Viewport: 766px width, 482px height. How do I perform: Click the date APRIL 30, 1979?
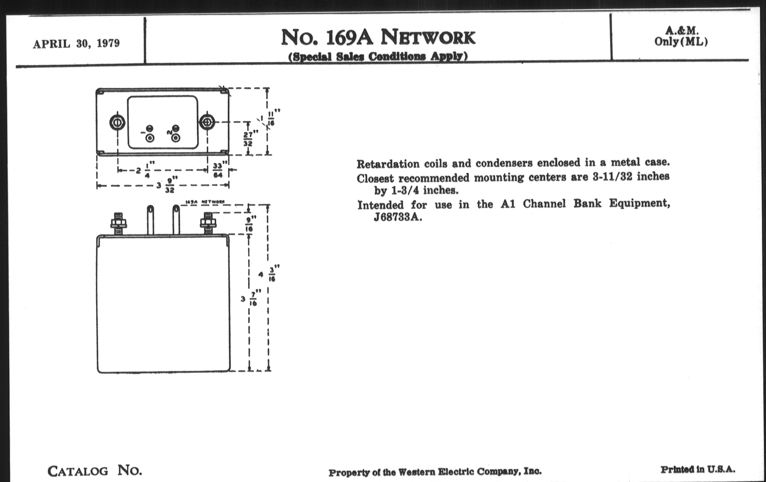click(x=76, y=43)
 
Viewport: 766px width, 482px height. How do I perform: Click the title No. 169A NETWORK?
click(x=378, y=37)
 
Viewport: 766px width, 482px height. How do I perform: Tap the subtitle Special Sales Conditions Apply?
click(x=378, y=57)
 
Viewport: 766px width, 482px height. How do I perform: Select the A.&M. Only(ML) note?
click(x=681, y=36)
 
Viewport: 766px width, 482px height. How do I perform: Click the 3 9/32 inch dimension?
click(x=167, y=185)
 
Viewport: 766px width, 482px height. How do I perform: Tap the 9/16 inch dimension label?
click(x=250, y=224)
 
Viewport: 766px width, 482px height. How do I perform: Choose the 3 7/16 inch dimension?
click(x=250, y=298)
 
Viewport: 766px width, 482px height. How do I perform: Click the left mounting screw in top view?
click(x=117, y=123)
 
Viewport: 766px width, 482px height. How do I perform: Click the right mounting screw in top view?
click(x=207, y=122)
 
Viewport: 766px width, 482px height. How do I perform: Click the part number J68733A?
click(x=398, y=217)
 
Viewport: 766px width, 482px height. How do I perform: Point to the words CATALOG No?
click(x=94, y=470)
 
